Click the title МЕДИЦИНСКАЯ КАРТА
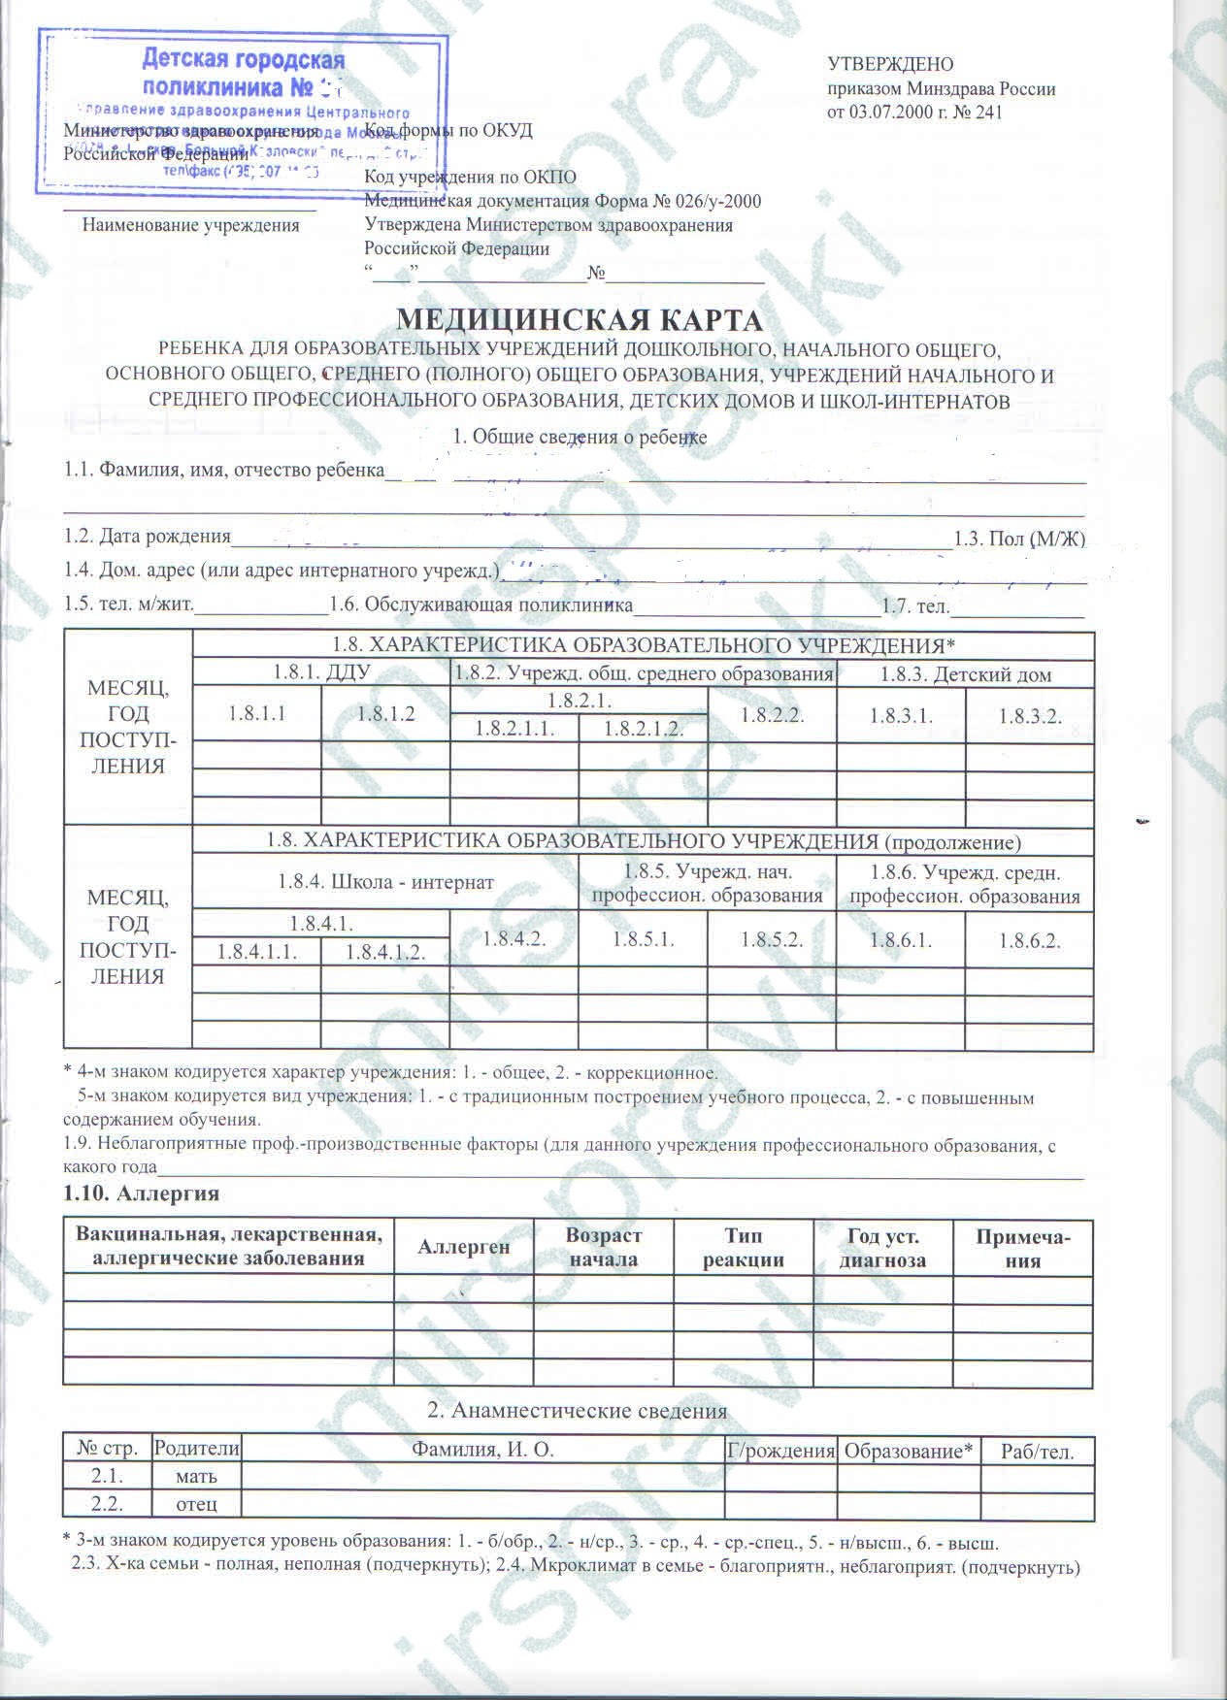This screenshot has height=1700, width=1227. [x=581, y=319]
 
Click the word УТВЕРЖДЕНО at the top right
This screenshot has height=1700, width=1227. [x=890, y=65]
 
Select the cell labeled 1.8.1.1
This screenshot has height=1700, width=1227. [x=257, y=714]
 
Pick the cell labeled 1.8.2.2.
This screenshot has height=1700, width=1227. [x=772, y=715]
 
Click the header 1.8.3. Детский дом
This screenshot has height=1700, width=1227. [x=965, y=674]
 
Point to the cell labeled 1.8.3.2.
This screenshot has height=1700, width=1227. [x=1030, y=716]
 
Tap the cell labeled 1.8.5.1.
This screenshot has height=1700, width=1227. [x=643, y=938]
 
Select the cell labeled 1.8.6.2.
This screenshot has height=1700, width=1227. [x=1029, y=939]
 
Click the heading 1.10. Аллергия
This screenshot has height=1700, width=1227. [x=141, y=1193]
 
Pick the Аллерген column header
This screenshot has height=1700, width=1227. [x=463, y=1247]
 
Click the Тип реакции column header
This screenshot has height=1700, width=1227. [x=743, y=1248]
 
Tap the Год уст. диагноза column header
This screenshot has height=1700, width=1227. [x=882, y=1248]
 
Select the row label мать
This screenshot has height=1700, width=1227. [x=196, y=1477]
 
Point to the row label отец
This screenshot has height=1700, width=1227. [x=196, y=1505]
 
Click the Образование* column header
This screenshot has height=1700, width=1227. [x=908, y=1451]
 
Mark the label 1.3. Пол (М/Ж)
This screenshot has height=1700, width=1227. [x=1019, y=539]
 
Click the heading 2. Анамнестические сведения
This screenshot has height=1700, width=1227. [x=577, y=1410]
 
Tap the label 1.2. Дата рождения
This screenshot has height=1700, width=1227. [x=148, y=537]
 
